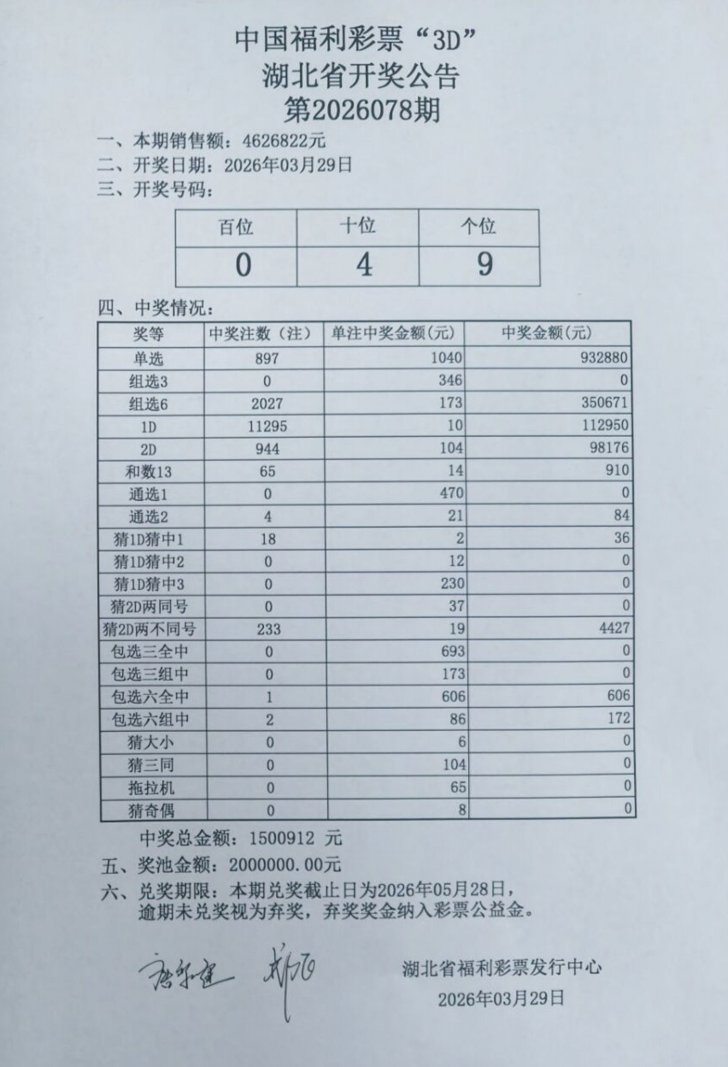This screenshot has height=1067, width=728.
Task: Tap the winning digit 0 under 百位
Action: [x=244, y=266]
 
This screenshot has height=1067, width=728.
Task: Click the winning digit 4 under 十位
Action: [x=364, y=265]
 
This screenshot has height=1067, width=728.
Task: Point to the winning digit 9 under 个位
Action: [x=484, y=264]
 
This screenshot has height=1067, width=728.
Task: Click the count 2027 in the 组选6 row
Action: [x=266, y=402]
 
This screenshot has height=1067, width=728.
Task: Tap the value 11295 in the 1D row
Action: [x=266, y=425]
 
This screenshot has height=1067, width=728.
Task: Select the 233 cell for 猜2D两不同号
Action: [x=268, y=628]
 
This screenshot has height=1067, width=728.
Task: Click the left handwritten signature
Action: [x=184, y=968]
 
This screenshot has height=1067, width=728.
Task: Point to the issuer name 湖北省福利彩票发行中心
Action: [x=502, y=968]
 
